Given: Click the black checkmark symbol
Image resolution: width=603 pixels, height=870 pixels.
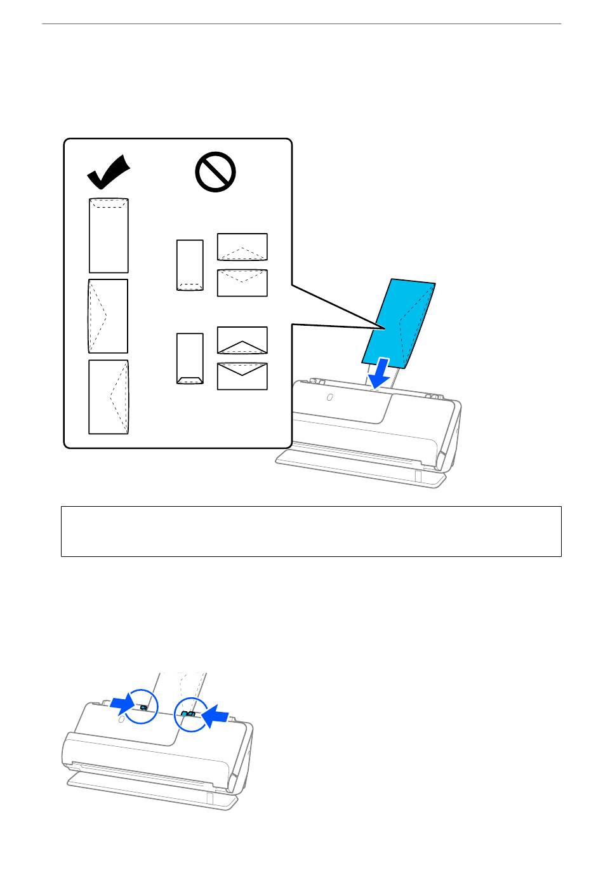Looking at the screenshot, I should [x=108, y=173].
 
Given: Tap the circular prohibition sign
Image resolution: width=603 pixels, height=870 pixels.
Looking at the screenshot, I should [x=216, y=171].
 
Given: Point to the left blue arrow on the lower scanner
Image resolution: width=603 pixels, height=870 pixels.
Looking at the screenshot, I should [x=122, y=702].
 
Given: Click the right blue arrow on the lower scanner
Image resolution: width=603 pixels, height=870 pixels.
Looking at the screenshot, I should [x=215, y=716].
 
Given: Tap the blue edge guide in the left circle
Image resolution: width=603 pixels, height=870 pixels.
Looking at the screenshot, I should [x=143, y=707].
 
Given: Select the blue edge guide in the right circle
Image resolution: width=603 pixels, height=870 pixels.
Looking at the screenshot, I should [x=188, y=714].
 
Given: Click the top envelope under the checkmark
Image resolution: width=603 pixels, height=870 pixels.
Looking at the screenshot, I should [x=109, y=235].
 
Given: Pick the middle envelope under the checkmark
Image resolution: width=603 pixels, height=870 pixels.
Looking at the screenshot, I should [x=108, y=316].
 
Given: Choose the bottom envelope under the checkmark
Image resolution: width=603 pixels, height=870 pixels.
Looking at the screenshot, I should [x=109, y=397].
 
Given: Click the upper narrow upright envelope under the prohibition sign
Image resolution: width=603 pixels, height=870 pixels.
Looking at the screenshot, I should [x=190, y=265].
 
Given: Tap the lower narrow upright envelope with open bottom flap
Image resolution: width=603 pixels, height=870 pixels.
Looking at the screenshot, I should [x=190, y=358].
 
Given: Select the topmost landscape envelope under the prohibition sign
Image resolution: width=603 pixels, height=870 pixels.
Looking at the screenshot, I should [x=242, y=247].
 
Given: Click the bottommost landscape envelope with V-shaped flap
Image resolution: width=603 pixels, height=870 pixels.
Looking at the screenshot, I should [x=242, y=376].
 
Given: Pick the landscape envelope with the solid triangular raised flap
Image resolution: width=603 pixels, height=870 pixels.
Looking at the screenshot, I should [x=242, y=340].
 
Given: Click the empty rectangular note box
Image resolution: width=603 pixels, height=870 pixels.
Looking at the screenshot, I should [x=311, y=532].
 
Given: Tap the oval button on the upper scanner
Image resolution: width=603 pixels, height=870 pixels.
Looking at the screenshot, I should [x=329, y=398].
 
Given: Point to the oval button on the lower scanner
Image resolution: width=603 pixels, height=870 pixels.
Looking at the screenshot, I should [x=121, y=721].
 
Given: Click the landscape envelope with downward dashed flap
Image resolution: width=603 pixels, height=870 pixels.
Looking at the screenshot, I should [x=242, y=283].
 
